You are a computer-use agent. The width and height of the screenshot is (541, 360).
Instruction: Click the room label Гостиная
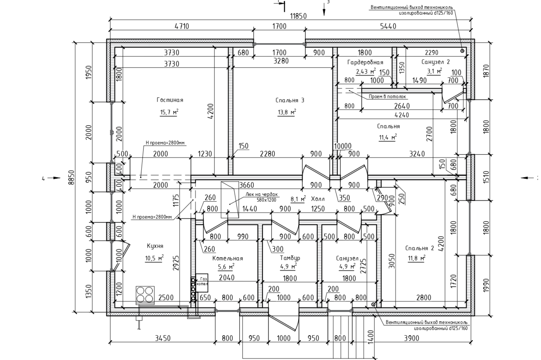170,100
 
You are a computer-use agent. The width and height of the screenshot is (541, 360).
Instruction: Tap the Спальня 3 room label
290,100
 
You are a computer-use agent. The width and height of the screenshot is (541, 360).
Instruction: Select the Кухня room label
155,246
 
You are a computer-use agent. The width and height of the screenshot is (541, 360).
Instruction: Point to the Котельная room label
228,258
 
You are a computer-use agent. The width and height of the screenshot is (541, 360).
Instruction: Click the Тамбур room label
290,258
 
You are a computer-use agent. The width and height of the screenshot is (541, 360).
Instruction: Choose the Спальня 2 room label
419,248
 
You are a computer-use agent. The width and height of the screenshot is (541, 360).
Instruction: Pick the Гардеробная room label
365,62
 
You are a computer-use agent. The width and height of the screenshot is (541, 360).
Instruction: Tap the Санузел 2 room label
435,62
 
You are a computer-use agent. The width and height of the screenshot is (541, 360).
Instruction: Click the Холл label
317,199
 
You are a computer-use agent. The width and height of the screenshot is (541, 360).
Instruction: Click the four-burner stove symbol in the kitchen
145,294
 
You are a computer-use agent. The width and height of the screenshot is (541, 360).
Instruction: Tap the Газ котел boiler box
202,282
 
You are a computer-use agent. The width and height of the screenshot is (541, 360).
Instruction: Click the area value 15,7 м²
169,112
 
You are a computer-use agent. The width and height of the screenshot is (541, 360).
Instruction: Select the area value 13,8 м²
287,112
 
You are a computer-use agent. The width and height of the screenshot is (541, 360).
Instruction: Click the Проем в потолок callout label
387,97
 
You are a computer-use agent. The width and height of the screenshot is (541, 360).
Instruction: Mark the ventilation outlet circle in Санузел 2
462,51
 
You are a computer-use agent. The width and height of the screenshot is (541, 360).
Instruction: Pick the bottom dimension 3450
163,338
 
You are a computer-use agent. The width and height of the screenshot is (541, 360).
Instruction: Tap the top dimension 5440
388,26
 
